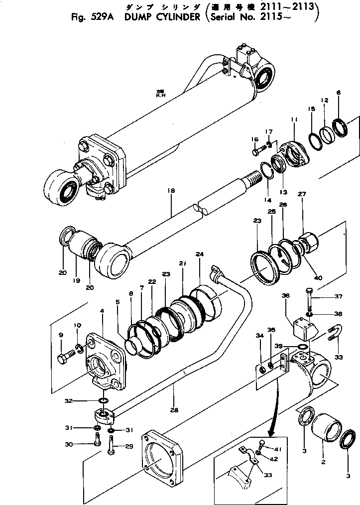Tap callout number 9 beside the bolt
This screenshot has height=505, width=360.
pos(61,335)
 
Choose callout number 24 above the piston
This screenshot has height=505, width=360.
pos(200,254)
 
